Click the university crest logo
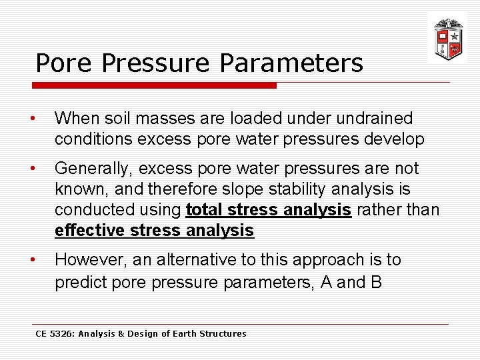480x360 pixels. click(x=447, y=38)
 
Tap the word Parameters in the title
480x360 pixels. click(x=291, y=63)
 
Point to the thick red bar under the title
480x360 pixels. click(x=154, y=85)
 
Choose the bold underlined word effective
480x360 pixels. click(x=90, y=231)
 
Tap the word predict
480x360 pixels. click(x=80, y=282)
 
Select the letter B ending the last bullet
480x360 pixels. click(x=376, y=282)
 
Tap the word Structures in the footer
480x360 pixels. click(x=225, y=333)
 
